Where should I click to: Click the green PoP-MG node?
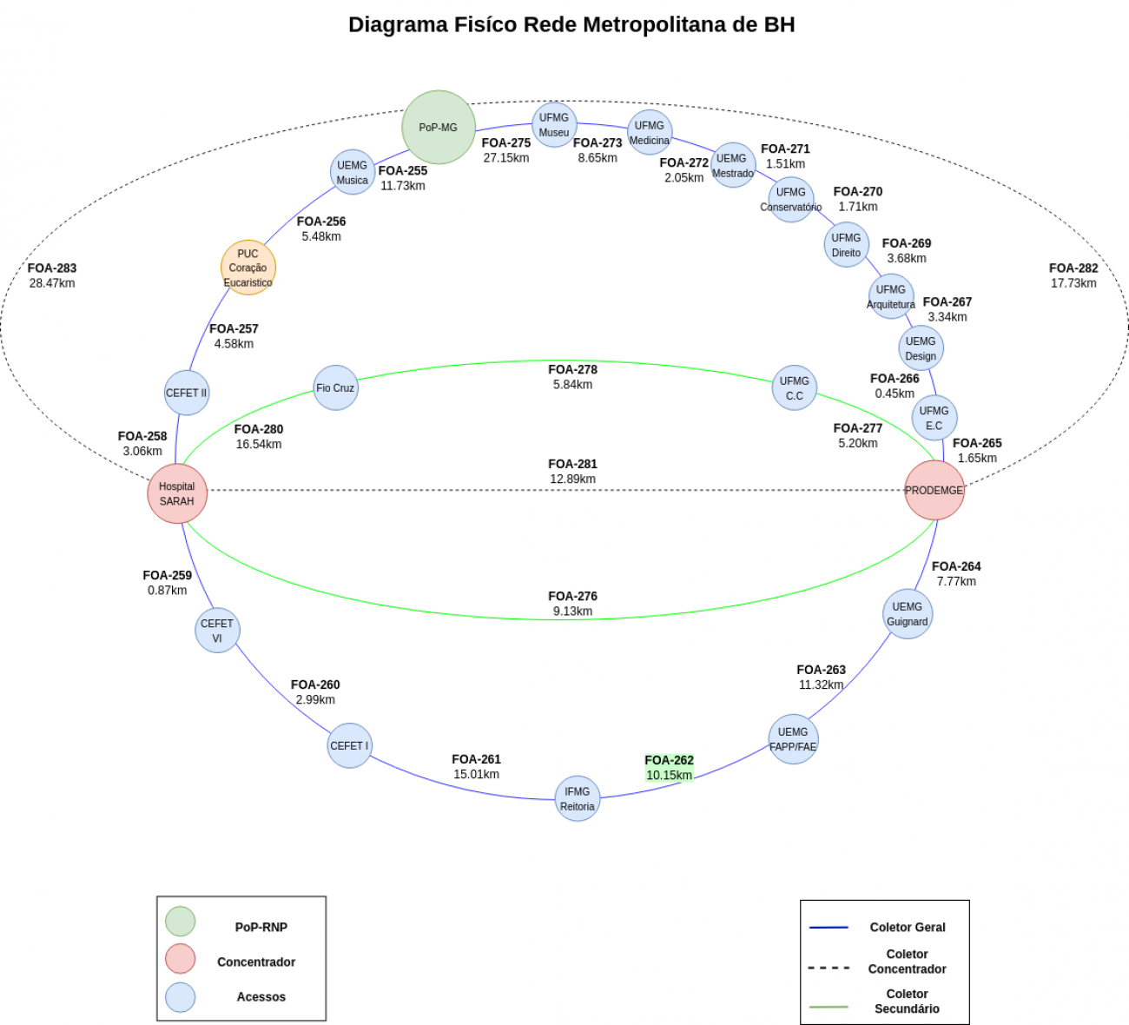pos(439,128)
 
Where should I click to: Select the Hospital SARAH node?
pos(177,493)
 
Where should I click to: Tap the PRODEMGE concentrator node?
pos(934,490)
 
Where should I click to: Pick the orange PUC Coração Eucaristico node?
pos(248,268)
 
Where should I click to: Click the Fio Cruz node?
pos(335,387)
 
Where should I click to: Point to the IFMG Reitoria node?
pos(578,798)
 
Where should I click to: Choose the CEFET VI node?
pos(217,631)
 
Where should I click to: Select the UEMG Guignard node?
pos(908,614)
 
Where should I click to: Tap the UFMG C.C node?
pos(794,387)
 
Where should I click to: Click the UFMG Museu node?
pos(554,124)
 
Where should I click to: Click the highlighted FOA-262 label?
pos(670,760)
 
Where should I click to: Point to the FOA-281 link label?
pos(573,464)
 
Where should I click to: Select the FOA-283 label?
pos(52,268)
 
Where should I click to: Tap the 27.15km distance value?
pos(506,158)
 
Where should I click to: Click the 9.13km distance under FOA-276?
pos(573,611)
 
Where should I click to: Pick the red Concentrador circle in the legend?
pos(180,958)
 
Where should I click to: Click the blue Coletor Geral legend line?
pos(829,927)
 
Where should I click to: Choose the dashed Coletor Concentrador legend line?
pos(829,968)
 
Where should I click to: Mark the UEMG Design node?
pos(921,348)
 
